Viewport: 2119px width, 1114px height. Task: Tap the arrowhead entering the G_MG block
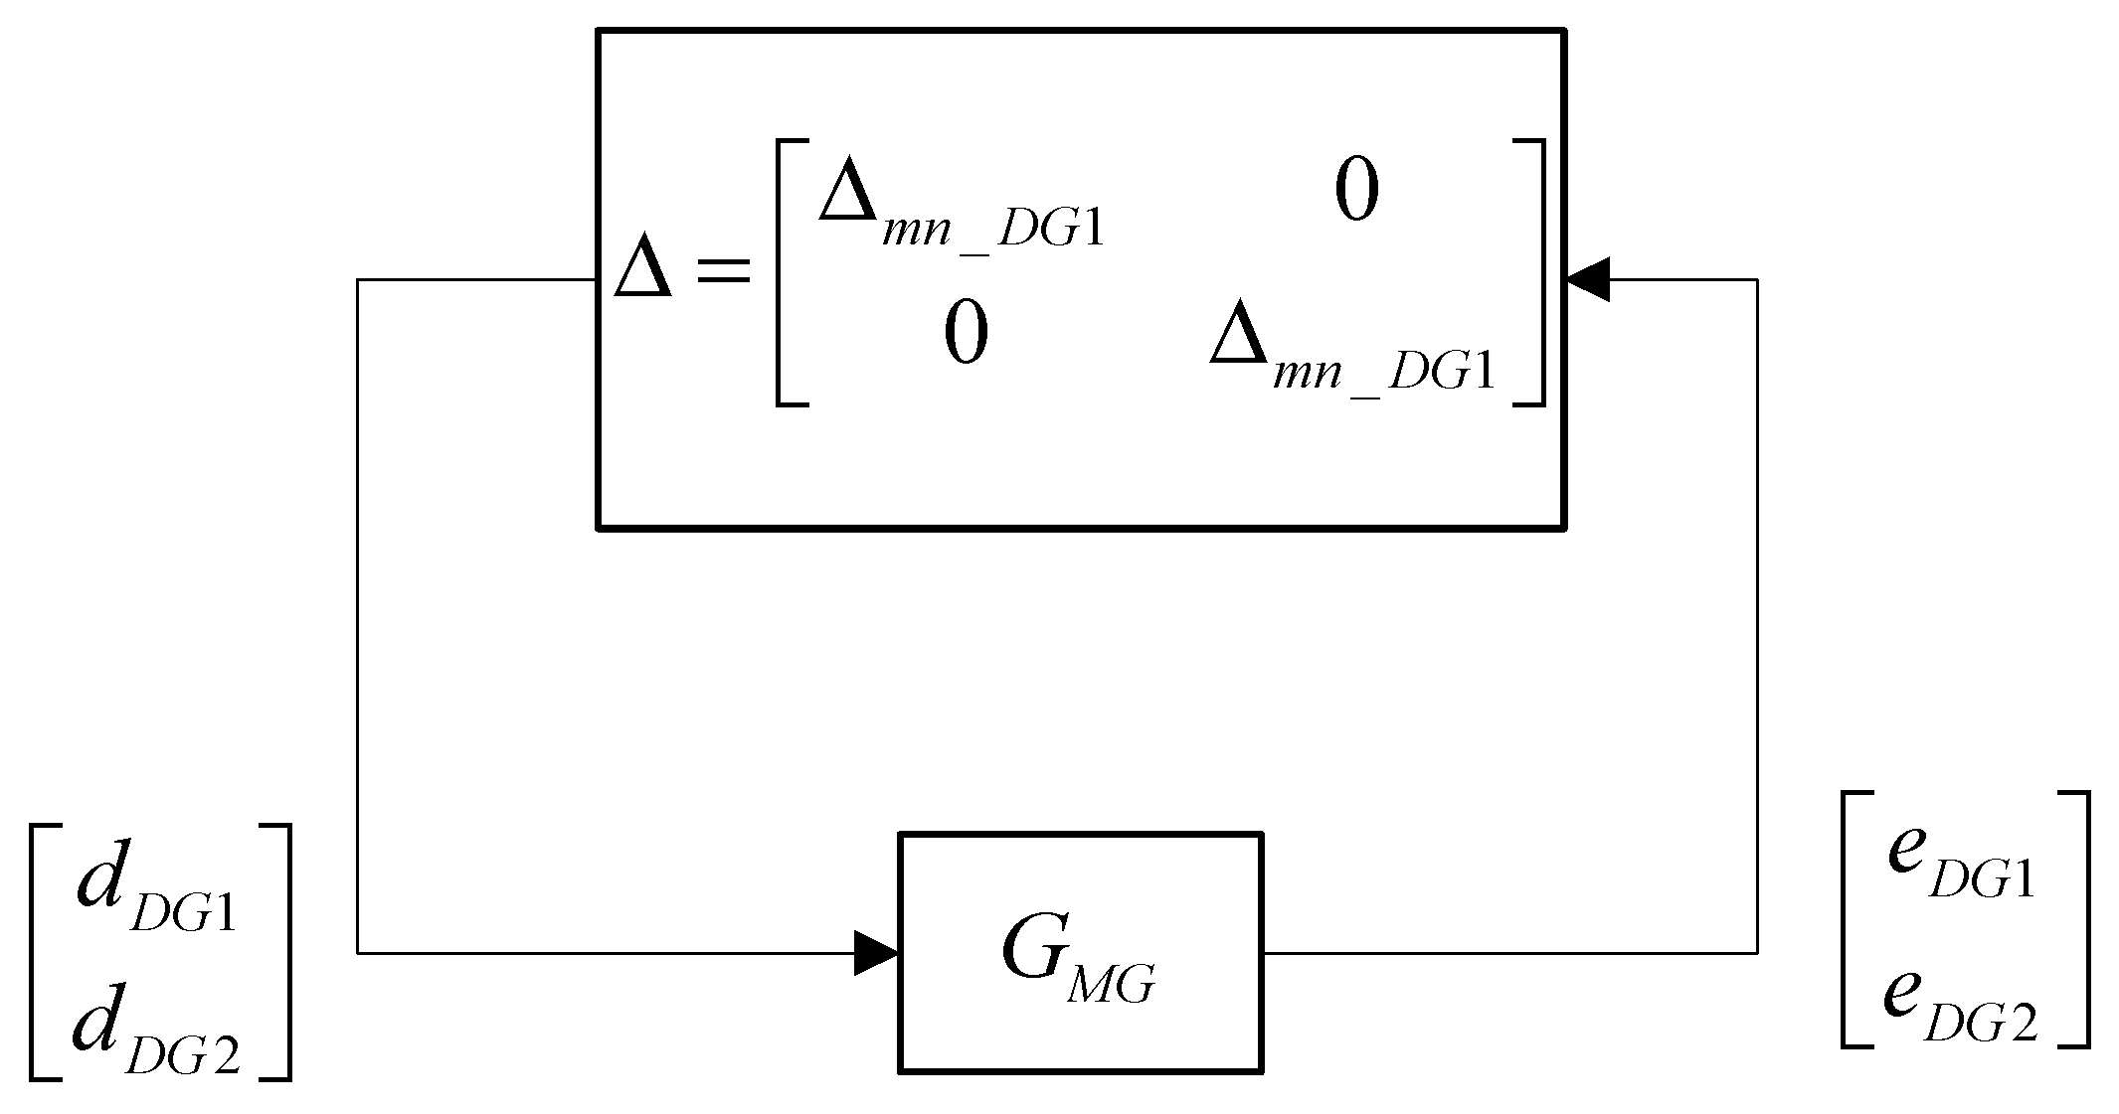[876, 953]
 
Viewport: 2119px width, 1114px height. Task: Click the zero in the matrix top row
[1356, 191]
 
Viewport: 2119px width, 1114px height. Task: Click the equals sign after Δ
[724, 271]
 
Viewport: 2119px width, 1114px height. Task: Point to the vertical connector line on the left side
[358, 616]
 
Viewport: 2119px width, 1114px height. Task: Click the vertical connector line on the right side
[1757, 616]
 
